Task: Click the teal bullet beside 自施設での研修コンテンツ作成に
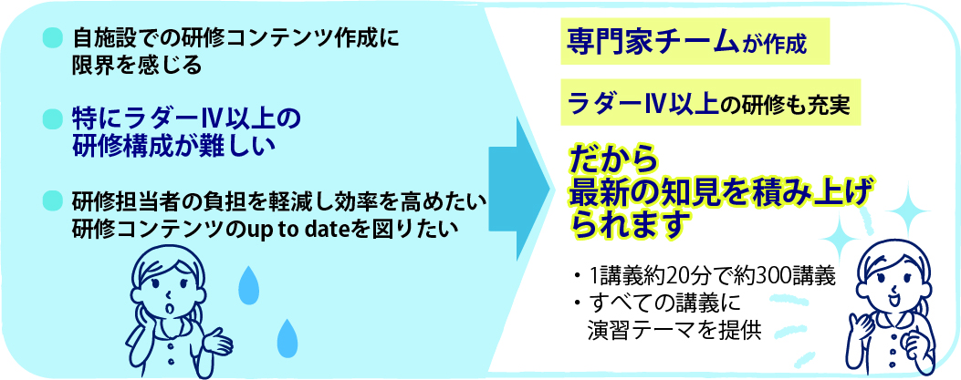[x=51, y=39]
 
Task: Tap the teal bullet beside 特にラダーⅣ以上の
[x=51, y=118]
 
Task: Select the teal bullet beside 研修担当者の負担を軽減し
[x=51, y=200]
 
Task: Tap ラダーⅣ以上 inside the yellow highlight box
[x=643, y=102]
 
